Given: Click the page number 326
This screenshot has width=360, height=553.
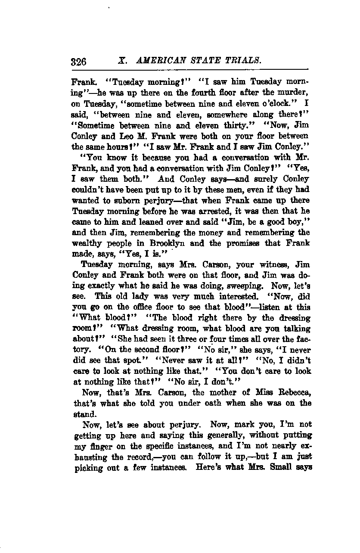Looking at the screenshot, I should [x=78, y=62].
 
